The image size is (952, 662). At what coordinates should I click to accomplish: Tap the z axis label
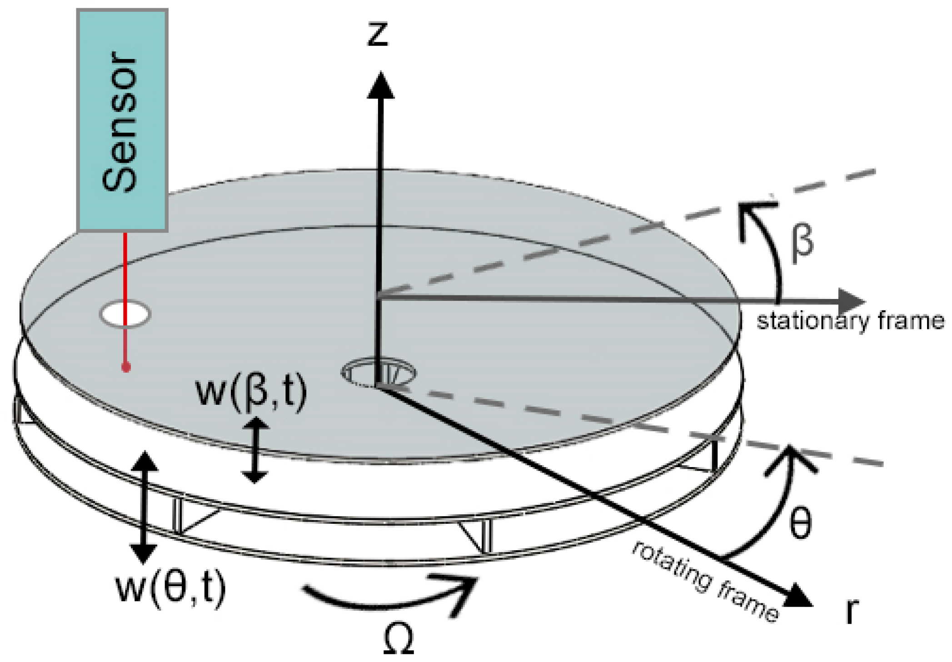378,34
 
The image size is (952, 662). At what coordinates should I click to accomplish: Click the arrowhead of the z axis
380,86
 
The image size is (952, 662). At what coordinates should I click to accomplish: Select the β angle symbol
802,243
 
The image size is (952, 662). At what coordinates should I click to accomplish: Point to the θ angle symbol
800,523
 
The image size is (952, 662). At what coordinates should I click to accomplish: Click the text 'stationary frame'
850,321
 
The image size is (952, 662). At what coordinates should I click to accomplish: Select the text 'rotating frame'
705,582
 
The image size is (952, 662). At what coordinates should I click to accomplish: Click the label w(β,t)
251,392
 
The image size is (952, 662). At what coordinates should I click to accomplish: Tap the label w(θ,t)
171,588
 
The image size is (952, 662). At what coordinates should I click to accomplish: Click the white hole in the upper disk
125,314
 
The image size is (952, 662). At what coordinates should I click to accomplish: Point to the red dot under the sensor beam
126,367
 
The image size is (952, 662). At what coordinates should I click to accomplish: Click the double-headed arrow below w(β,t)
255,450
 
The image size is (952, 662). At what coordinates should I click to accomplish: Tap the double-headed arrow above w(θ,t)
144,507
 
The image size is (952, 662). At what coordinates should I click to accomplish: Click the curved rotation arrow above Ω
391,595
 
